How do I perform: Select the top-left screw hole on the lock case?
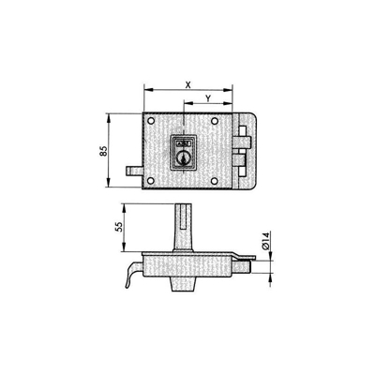151,122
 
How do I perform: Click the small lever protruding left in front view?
131,171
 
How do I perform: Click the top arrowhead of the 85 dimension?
111,116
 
